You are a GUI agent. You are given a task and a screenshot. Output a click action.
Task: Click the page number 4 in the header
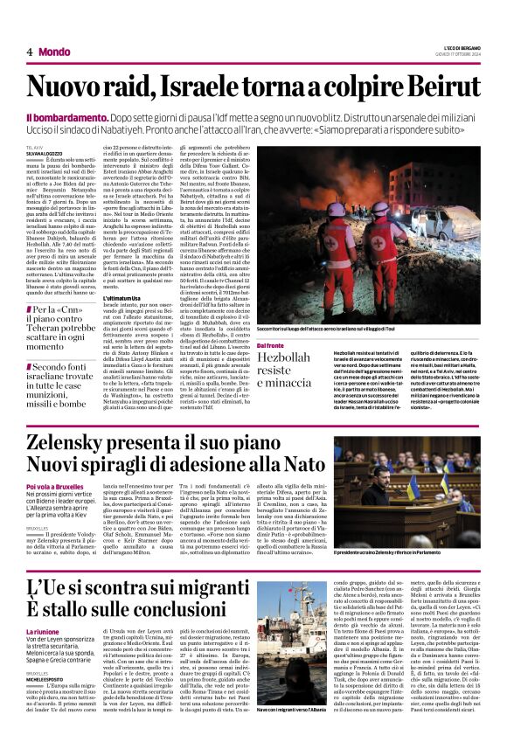point(29,52)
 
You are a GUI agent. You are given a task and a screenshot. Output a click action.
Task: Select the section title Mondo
point(54,52)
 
